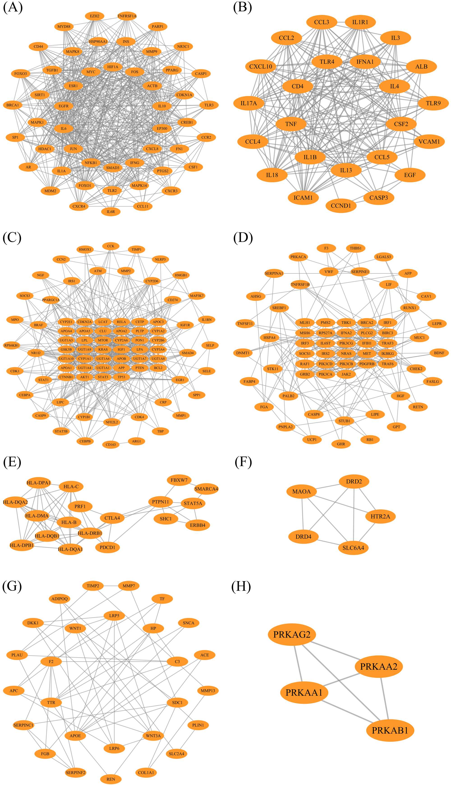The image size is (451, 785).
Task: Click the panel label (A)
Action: point(13,7)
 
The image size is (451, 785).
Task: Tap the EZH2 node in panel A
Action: point(94,16)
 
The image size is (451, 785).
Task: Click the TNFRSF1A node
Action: point(127,16)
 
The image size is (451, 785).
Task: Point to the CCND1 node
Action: point(341,206)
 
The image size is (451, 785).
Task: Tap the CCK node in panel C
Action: point(110,246)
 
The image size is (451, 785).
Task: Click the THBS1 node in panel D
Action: point(356,248)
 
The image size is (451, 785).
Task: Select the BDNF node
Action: point(439,353)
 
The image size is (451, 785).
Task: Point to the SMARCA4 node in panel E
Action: point(206,489)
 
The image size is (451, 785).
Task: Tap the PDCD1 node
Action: point(107,547)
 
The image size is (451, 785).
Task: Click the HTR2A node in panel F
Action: point(380,516)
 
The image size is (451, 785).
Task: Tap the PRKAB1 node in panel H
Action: point(390,730)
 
